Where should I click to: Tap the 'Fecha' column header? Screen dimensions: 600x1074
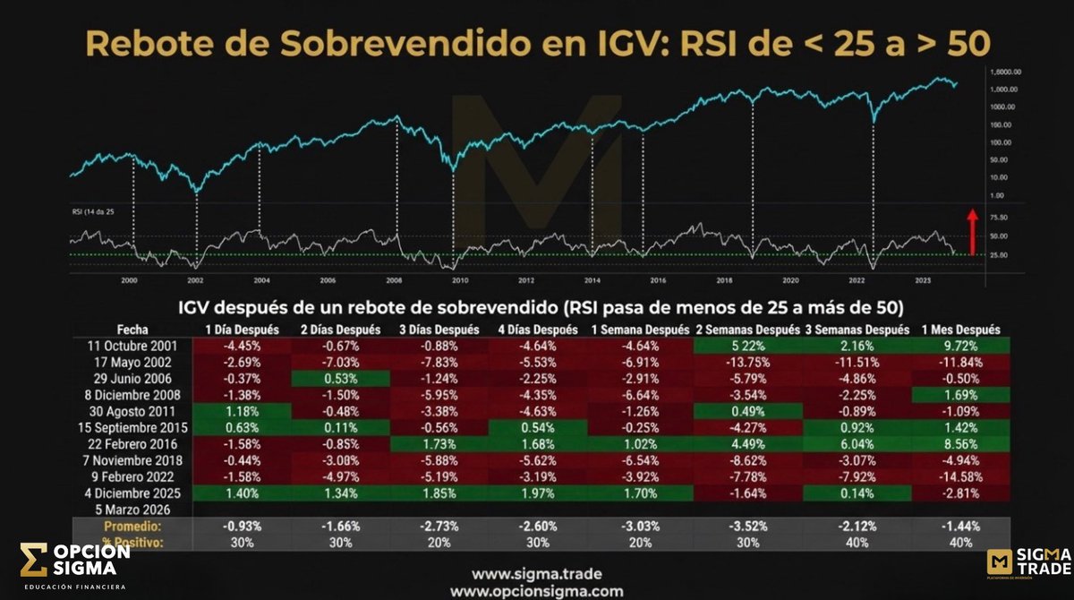click(132, 330)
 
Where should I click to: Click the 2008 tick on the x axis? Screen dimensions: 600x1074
click(393, 279)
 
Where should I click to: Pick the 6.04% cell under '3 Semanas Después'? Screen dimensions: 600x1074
click(857, 443)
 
